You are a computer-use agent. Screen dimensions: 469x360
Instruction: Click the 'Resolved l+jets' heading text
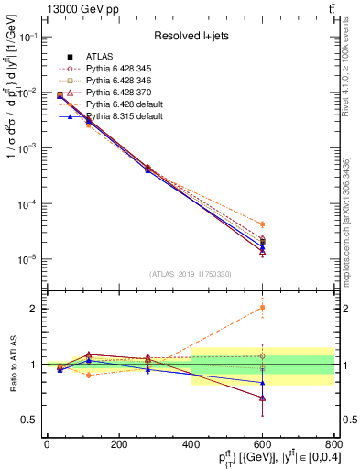(190, 37)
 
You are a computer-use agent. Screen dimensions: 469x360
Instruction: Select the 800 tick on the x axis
(334, 444)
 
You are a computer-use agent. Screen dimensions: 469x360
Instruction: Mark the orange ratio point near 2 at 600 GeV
(262, 308)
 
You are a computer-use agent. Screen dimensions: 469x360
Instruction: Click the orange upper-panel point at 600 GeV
(262, 224)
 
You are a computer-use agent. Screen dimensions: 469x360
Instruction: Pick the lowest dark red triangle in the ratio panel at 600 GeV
(262, 398)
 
